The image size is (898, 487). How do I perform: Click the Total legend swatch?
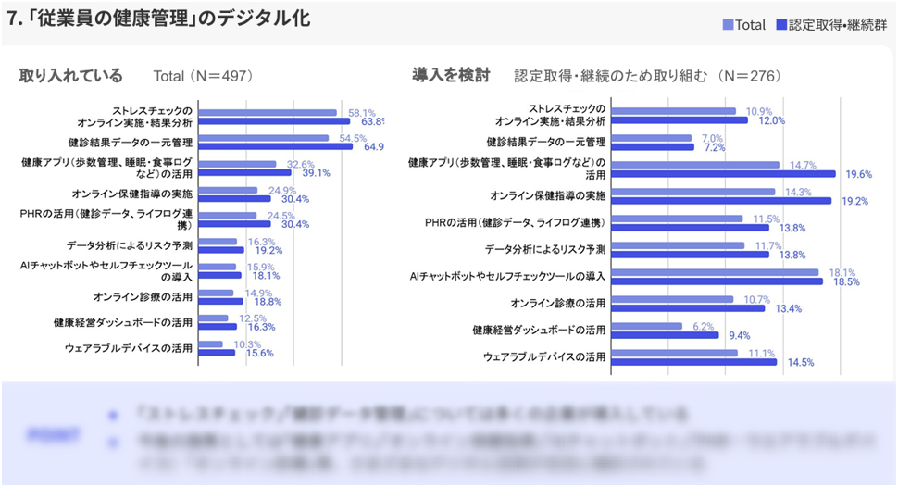(728, 25)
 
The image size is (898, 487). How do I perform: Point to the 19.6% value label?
(856, 173)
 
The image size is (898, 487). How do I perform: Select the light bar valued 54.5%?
(263, 139)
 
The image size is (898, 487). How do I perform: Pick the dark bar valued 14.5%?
(693, 362)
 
